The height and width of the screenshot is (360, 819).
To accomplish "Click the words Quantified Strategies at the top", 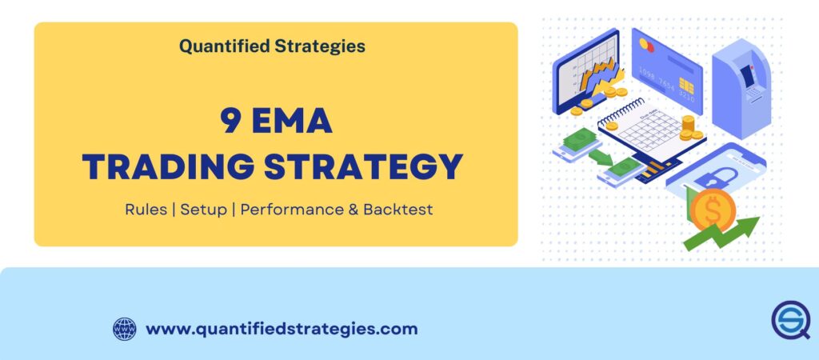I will pos(272,46).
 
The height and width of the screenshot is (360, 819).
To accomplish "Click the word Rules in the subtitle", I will pos(146,210).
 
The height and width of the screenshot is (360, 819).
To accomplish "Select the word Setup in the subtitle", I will pos(203,210).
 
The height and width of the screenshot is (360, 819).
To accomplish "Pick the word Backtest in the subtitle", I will pos(398,210).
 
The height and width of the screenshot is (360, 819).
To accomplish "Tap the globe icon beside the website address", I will pos(125,329).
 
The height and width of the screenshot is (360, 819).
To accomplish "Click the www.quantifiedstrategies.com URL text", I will pos(282,329).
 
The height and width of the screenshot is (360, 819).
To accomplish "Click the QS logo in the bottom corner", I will pos(790,321).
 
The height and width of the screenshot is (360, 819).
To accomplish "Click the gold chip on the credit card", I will pos(686,83).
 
